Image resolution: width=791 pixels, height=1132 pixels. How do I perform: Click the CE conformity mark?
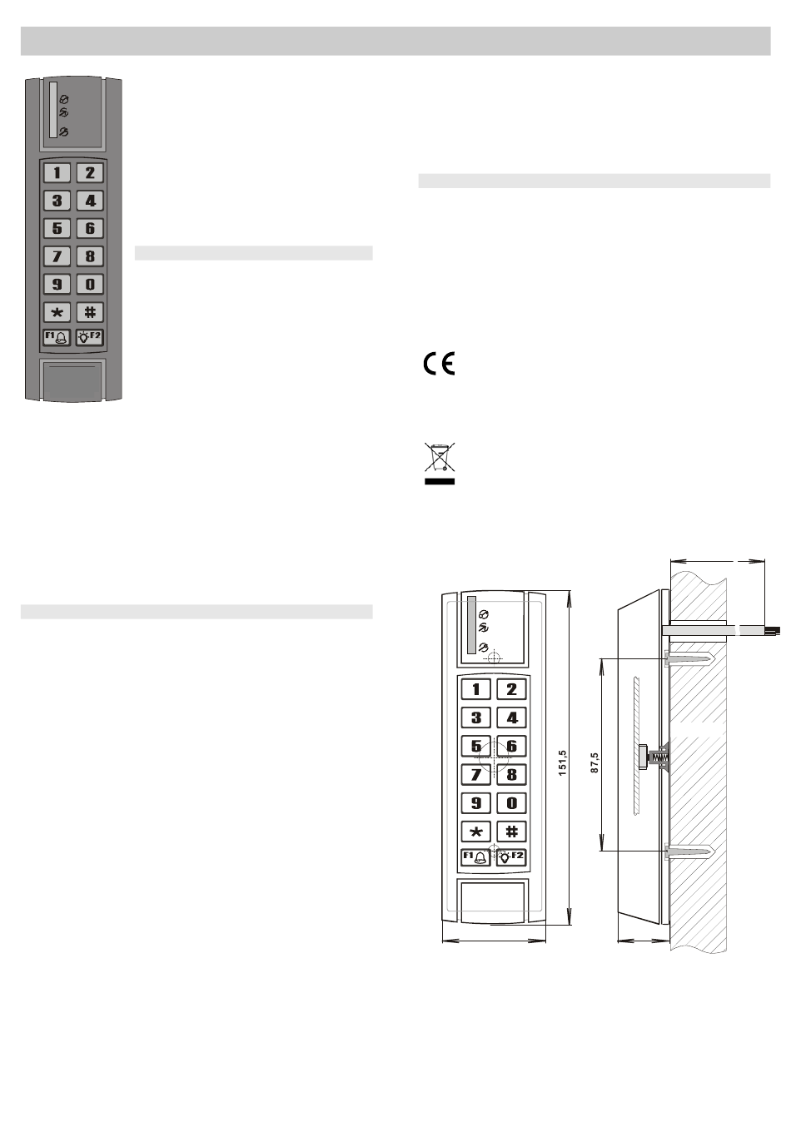click(438, 365)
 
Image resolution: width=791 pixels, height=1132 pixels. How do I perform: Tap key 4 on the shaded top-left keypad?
click(90, 201)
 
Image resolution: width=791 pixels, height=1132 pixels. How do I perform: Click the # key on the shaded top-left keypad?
click(90, 312)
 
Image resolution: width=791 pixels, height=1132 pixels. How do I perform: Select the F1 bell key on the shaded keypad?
click(57, 338)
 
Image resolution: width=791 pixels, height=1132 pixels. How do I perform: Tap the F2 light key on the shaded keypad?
click(90, 338)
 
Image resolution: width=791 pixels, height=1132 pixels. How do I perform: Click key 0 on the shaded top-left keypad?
click(90, 284)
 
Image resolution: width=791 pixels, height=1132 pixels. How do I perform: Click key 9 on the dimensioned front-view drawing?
click(476, 803)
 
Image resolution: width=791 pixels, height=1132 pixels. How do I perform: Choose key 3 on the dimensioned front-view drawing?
click(476, 717)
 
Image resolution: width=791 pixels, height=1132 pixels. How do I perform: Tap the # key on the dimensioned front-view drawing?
click(511, 832)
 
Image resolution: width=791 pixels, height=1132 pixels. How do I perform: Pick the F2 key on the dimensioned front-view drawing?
click(511, 857)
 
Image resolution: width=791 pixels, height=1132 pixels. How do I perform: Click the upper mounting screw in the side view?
click(689, 660)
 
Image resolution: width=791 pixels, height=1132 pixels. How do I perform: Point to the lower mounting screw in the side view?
click(689, 851)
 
